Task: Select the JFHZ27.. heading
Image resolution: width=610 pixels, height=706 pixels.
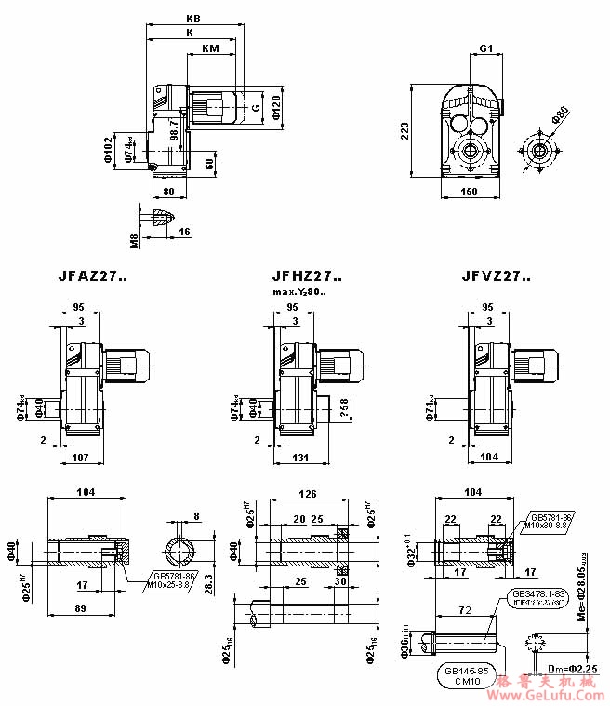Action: [306, 276]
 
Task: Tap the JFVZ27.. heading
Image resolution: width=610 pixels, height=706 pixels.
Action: [497, 276]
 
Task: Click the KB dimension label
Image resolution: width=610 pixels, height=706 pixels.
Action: [193, 19]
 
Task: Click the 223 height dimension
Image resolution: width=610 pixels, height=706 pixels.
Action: [403, 130]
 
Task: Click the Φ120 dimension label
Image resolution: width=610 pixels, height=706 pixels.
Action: [277, 109]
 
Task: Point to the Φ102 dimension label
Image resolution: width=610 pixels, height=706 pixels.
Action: [107, 151]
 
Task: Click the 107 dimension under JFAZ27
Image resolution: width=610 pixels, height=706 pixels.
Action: [79, 457]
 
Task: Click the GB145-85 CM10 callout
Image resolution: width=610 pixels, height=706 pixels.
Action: [464, 674]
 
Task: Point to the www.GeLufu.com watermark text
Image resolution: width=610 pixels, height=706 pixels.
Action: [549, 694]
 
